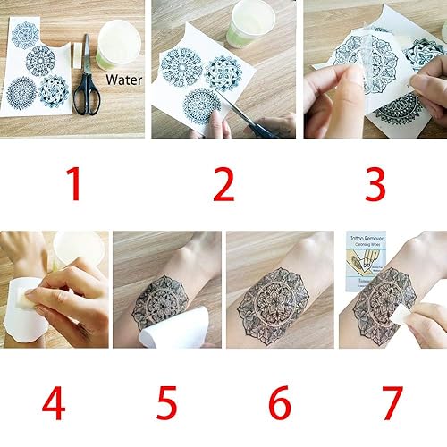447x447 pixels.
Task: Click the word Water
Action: pyautogui.click(x=122, y=80)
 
